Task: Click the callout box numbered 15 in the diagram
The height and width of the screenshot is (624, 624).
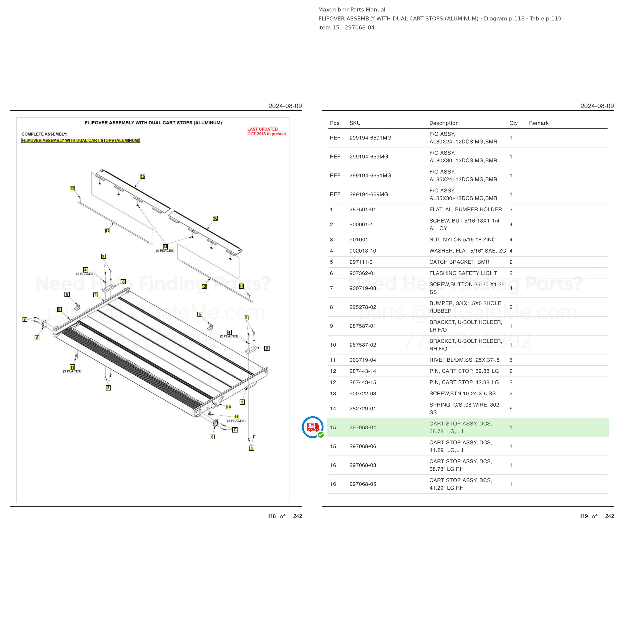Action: (143, 176)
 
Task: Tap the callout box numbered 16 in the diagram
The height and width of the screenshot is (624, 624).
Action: (215, 218)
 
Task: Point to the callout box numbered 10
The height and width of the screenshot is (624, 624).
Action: (229, 407)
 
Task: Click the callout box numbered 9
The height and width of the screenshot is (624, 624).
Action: (59, 310)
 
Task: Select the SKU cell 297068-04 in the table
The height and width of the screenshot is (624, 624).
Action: (363, 428)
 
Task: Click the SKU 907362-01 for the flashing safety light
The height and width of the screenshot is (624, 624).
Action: (363, 273)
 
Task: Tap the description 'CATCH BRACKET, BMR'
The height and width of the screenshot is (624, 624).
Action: (459, 262)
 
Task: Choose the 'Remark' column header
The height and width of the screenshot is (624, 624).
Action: (539, 123)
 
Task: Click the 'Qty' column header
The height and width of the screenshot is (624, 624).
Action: (513, 123)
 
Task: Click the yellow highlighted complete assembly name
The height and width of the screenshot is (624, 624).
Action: (80, 141)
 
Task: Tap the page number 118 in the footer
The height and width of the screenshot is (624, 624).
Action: (272, 516)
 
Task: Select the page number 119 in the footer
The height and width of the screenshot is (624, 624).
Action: (584, 516)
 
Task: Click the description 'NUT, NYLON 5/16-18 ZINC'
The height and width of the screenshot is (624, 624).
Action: (462, 240)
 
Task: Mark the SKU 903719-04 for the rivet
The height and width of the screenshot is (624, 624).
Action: (363, 360)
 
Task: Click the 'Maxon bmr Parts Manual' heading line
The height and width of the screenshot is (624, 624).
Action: (352, 10)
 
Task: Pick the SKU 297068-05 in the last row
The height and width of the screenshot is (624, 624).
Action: (363, 484)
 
